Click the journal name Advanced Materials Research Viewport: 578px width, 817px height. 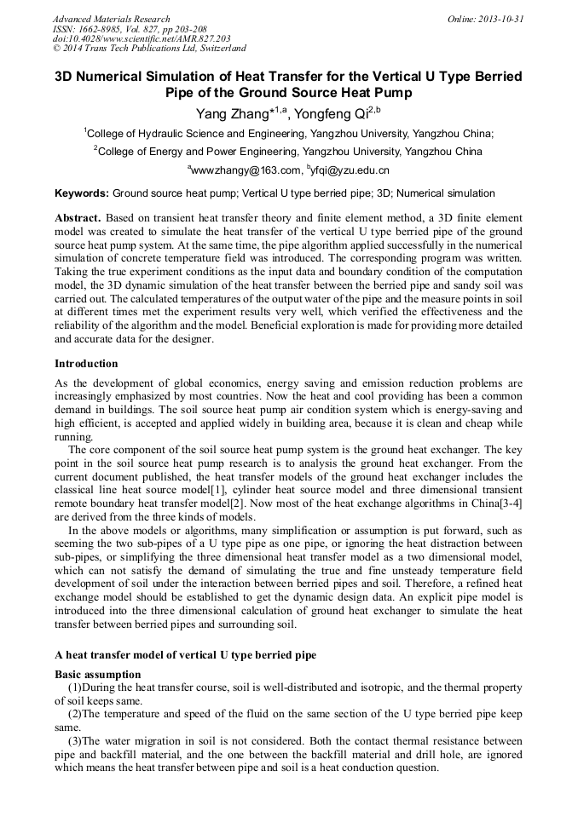(x=111, y=19)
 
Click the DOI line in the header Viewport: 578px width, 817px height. (x=142, y=38)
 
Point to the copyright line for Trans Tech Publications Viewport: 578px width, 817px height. (x=149, y=49)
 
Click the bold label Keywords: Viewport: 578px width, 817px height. (x=81, y=193)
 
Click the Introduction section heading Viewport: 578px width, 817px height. (x=86, y=364)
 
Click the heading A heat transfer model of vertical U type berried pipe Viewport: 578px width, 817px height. (x=185, y=654)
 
